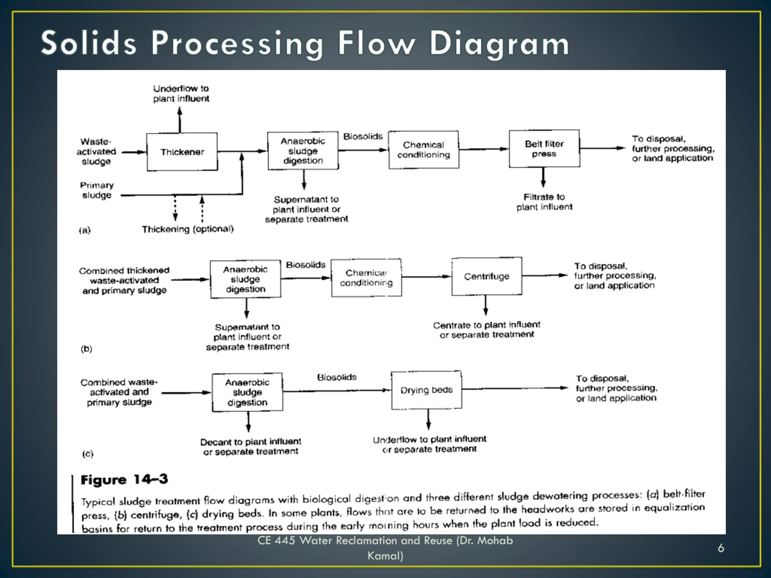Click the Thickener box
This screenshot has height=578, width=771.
(x=182, y=152)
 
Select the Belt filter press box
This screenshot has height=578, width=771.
(x=544, y=149)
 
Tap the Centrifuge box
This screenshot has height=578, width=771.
(x=487, y=276)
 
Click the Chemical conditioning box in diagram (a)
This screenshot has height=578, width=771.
(x=423, y=150)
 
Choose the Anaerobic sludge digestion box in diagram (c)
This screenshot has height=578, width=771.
(x=247, y=392)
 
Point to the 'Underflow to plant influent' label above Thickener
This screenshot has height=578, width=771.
(x=181, y=93)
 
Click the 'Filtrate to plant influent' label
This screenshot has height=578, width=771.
(x=544, y=202)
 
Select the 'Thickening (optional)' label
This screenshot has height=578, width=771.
(x=188, y=229)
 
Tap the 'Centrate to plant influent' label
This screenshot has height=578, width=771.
(x=487, y=325)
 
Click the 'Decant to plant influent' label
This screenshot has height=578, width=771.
(x=251, y=442)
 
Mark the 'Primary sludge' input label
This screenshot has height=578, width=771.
(x=97, y=190)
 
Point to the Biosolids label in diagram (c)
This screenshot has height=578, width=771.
(x=337, y=377)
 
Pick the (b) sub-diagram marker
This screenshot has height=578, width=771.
(x=86, y=349)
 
